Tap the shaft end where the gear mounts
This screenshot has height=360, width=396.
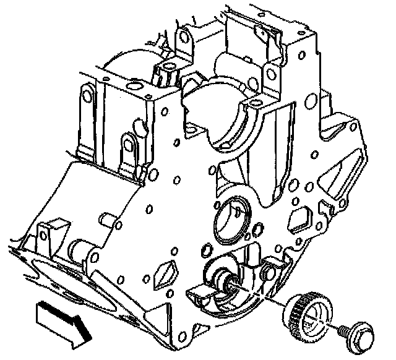click(233, 285)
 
